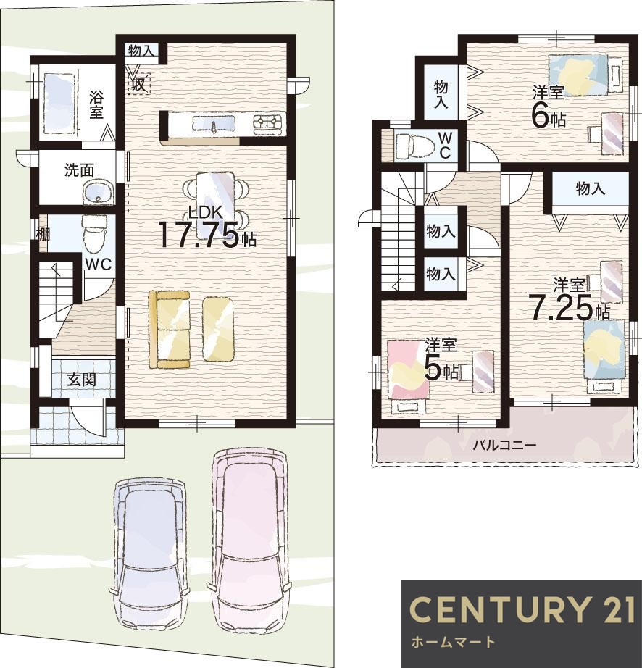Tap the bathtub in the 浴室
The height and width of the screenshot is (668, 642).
coord(59,104)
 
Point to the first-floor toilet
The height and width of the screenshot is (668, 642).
coord(93,233)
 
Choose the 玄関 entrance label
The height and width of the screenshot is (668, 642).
coord(81,379)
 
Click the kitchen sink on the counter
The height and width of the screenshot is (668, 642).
coord(213,123)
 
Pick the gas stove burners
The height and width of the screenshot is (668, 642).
coord(268,122)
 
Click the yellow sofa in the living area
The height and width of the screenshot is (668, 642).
coord(170,328)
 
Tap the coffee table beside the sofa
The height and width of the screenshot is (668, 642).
coord(218,328)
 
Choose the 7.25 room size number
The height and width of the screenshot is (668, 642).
coord(560,308)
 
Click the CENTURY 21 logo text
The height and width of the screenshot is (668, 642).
coord(524,609)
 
